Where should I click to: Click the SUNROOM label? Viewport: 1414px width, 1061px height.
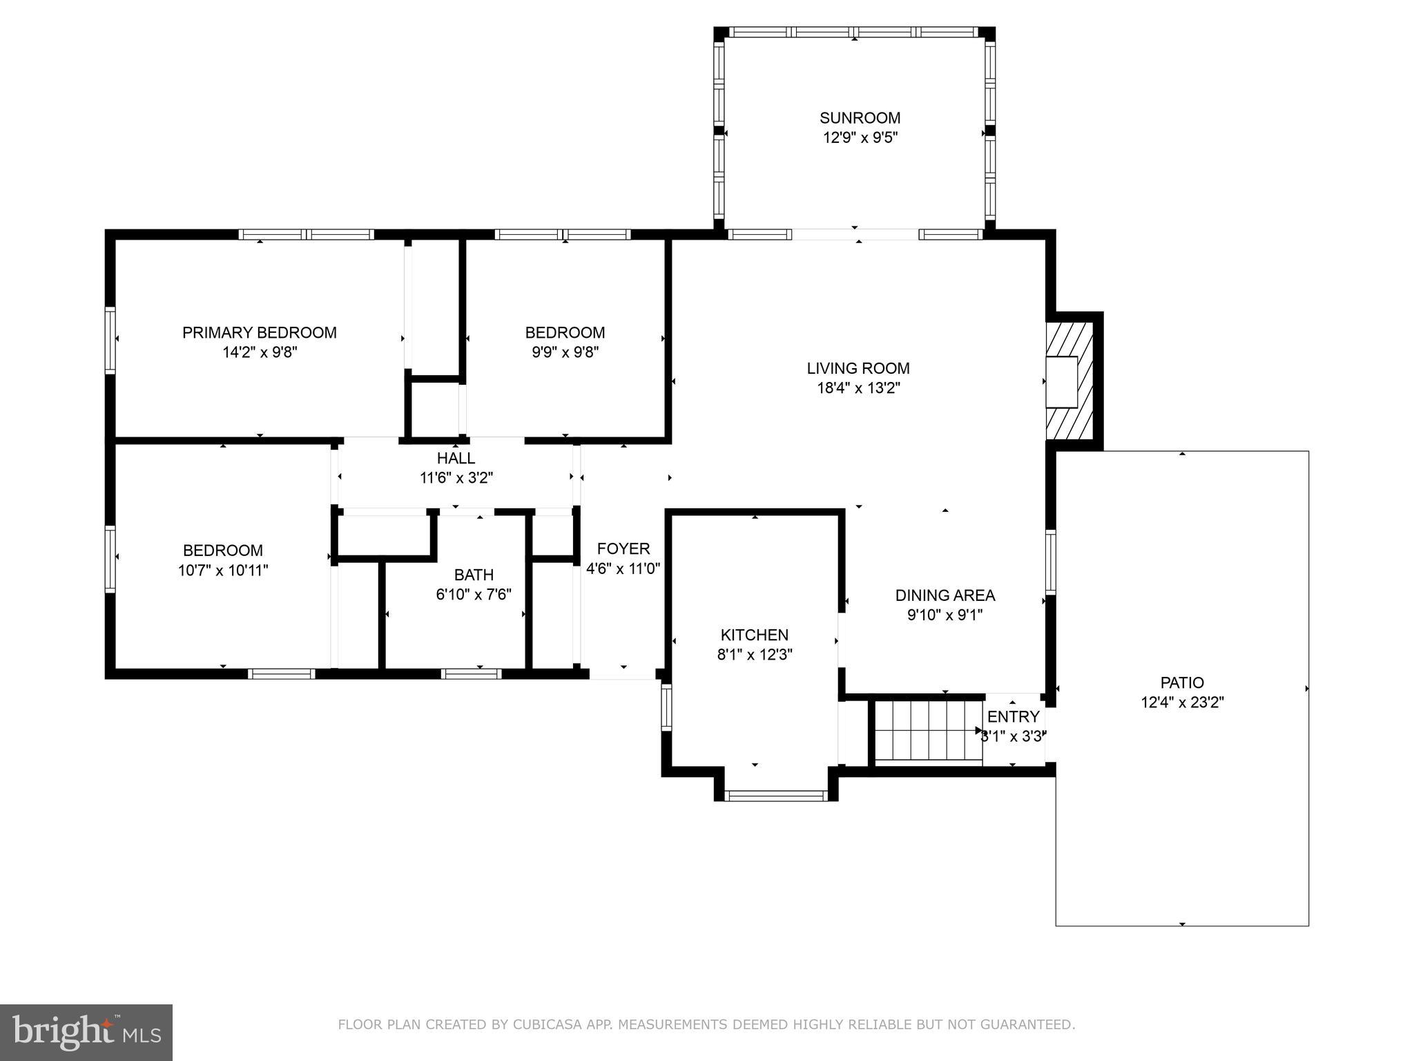point(860,117)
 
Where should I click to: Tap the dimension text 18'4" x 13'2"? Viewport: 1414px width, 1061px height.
point(858,388)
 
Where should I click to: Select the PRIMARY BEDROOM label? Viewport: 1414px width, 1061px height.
point(259,332)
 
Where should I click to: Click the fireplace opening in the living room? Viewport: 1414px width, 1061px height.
point(1061,381)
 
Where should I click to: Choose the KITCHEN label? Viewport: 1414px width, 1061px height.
point(754,635)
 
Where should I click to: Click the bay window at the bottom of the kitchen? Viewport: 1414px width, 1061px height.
point(776,796)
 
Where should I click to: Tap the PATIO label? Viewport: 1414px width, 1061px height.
point(1181,682)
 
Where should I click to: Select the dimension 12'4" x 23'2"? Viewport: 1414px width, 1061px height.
point(1181,702)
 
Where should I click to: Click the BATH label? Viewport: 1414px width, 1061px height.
point(474,575)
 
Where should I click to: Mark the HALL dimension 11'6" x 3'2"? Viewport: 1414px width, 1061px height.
point(456,477)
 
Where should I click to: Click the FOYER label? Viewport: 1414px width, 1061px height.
point(623,548)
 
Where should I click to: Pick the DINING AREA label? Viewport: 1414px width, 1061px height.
point(945,595)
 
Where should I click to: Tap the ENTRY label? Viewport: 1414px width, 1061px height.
point(1013,716)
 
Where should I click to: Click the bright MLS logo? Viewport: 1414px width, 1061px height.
point(86,1032)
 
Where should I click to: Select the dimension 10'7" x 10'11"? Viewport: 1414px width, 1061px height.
point(222,571)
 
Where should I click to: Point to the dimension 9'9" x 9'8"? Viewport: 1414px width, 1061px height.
point(564,352)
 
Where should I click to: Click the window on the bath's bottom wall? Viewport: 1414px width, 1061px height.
point(471,673)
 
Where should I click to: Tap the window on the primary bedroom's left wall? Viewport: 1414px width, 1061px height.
point(110,341)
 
